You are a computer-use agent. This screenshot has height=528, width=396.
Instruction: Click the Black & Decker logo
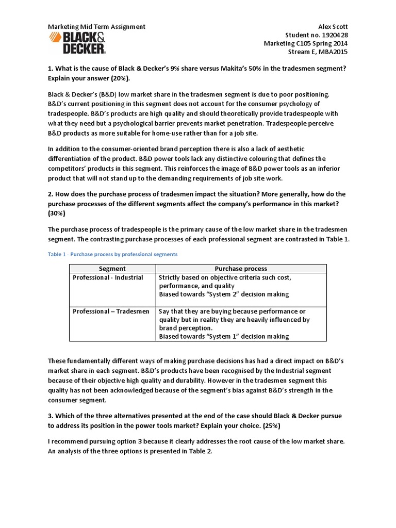coord(77,43)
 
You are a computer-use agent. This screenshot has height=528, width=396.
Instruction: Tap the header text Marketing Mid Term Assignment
coord(96,26)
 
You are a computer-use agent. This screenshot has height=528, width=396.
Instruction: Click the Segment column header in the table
coord(112,269)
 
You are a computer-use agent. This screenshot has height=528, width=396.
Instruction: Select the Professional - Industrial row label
coord(108,277)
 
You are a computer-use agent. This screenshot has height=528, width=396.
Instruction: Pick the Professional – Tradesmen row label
coord(111,311)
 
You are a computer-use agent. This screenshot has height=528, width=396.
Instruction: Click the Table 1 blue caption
coord(112,254)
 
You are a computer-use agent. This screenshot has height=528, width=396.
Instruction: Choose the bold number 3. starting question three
coord(51,415)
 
